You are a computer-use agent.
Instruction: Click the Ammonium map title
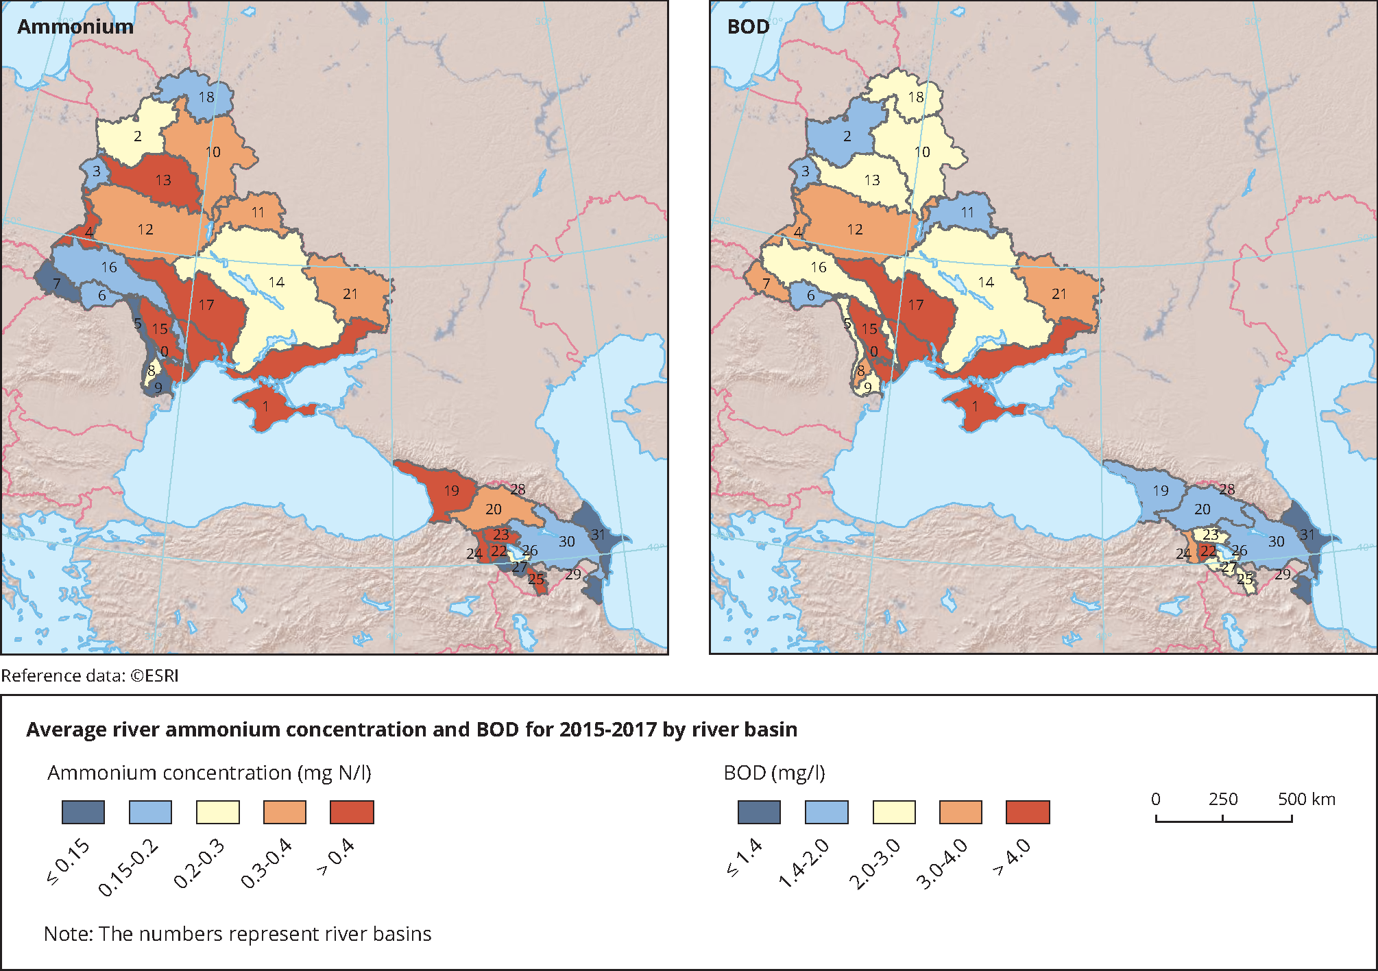[x=75, y=27]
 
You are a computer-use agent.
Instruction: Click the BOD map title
[x=748, y=27]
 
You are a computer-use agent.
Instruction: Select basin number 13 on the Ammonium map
[x=163, y=180]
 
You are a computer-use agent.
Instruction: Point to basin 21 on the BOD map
[x=1059, y=294]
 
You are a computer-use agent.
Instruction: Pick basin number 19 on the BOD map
[x=1160, y=491]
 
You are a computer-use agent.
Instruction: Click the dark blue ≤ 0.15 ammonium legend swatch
[x=83, y=813]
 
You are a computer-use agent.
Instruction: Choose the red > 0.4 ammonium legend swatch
[x=352, y=813]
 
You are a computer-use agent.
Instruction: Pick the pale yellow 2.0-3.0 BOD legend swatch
[x=894, y=813]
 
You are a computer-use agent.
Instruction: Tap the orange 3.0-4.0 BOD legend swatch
[x=960, y=813]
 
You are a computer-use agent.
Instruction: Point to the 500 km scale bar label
[x=1306, y=800]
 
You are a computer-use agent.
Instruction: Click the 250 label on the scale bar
[x=1223, y=800]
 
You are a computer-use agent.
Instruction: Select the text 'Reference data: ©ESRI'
[x=90, y=676]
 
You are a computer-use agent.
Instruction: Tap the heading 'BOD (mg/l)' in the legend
[x=774, y=774]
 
